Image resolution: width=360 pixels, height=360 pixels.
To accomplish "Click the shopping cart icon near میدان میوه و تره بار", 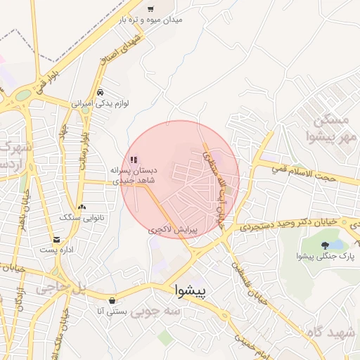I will pos(150,9).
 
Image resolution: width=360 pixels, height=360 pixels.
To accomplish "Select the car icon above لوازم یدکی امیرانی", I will pos(101,93).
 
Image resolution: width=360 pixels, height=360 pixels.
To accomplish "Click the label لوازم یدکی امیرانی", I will pos(99,103).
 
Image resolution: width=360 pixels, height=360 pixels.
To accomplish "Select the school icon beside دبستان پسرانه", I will pos(134,160).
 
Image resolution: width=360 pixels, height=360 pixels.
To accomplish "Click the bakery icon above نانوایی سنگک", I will pos(82,207).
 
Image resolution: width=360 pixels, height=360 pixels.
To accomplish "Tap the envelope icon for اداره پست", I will pos(56,240).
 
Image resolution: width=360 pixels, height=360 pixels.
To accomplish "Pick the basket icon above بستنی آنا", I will pos(112,300).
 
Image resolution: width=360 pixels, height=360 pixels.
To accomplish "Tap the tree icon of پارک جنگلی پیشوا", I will pos(324,245).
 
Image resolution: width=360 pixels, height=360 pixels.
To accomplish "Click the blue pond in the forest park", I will pos(336,245).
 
